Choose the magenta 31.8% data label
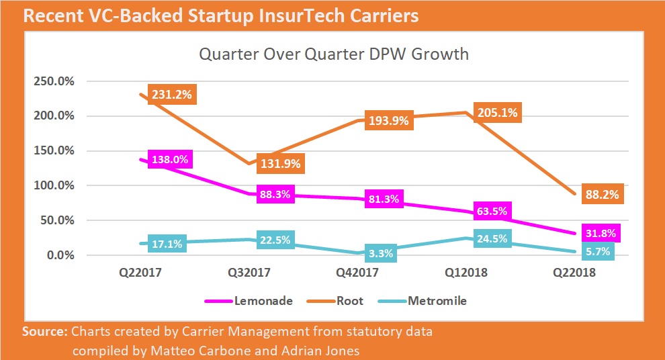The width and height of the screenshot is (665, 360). (601, 233)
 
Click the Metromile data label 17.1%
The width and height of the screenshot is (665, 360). (166, 244)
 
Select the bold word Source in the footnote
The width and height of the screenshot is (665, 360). (44, 332)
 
